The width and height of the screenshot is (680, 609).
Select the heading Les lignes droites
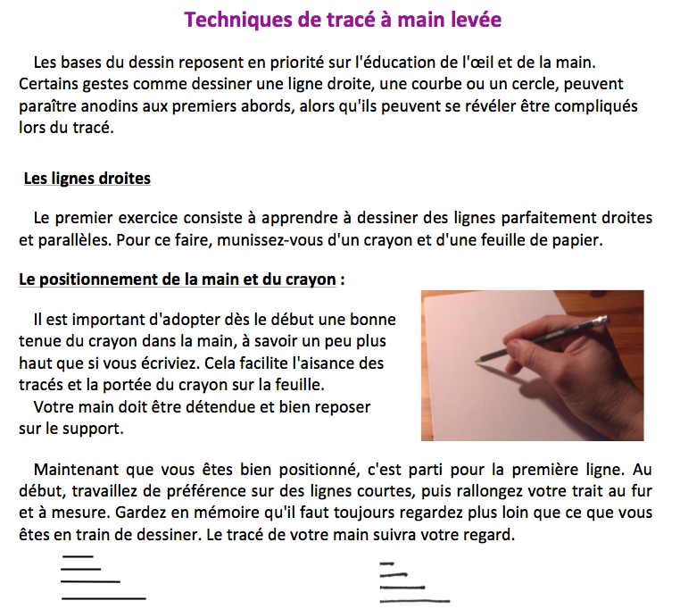point(87,179)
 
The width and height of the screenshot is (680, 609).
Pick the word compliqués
point(593,106)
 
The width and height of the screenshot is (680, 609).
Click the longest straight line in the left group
point(103,597)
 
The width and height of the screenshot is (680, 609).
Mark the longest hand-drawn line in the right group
point(416,601)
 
